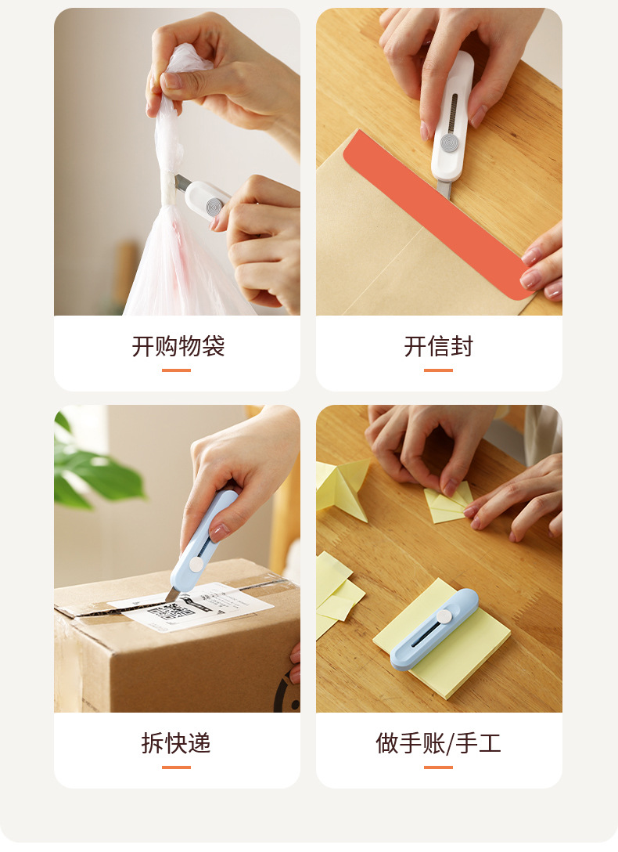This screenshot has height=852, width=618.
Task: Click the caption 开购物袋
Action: pos(178,346)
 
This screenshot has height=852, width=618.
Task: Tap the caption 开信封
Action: pos(438,346)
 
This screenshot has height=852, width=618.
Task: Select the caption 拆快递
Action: pos(176,743)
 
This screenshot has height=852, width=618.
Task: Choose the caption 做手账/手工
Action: pos(438,743)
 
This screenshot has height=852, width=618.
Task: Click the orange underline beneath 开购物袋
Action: pos(176,370)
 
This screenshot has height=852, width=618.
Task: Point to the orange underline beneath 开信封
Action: pos(438,370)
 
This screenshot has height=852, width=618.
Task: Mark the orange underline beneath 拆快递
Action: pos(176,767)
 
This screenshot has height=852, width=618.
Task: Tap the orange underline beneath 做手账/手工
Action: pos(438,767)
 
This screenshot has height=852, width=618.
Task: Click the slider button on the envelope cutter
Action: pos(449,143)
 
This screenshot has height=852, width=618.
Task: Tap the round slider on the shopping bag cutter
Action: pos(214,207)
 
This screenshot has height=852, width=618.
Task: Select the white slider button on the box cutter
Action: pos(196,565)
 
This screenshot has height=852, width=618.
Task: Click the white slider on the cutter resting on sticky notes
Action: pos(444,617)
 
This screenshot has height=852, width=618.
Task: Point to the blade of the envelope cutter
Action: pos(444,190)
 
